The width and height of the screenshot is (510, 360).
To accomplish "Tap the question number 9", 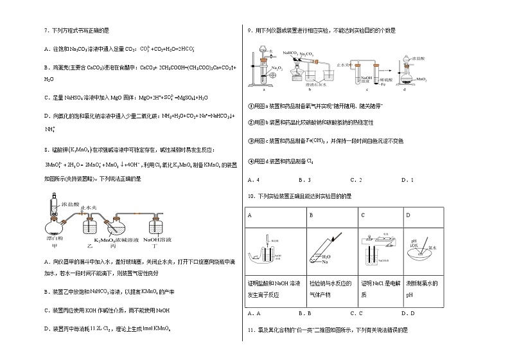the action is point(249,30).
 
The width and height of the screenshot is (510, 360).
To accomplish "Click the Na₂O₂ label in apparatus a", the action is point(276,67).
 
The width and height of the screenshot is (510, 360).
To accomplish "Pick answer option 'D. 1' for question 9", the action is point(407,179).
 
